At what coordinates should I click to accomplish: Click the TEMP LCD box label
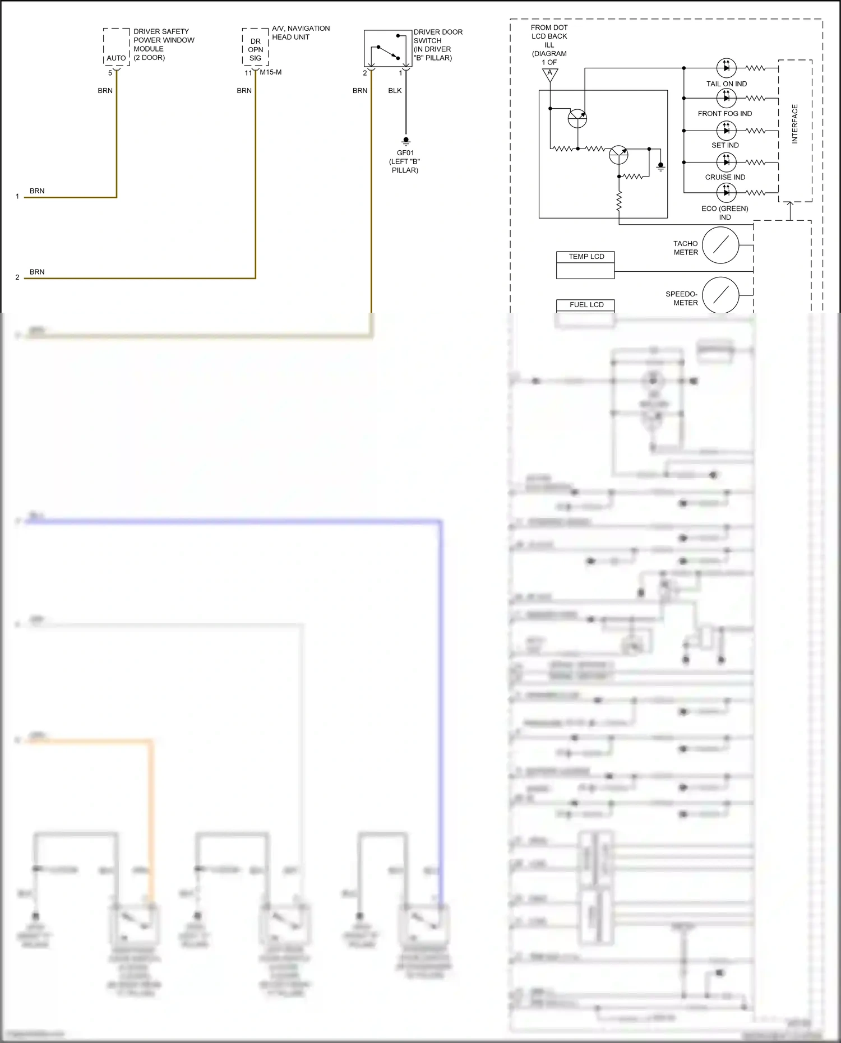coord(586,257)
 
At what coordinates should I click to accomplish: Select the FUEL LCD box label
coord(586,305)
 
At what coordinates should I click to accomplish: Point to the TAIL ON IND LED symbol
coord(727,68)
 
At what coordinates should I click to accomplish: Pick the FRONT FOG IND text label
coord(724,114)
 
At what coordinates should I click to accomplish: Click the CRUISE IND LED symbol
coord(727,162)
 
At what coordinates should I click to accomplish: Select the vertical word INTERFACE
coord(794,124)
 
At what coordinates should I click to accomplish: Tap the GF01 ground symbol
coord(406,141)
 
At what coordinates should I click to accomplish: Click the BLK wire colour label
coord(395,91)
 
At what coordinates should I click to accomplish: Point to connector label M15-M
coord(271,72)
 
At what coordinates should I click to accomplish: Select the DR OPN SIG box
coord(256,49)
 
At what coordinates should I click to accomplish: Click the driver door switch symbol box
coord(388,49)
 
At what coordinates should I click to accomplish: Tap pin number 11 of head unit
coord(248,73)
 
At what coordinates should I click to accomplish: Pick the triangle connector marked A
coord(550,74)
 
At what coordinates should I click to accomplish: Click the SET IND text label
coord(725,145)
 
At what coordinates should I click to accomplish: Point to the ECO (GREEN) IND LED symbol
coord(727,192)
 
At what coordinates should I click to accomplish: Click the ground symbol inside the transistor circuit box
coord(660,166)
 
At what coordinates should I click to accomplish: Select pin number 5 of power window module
coord(110,73)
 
